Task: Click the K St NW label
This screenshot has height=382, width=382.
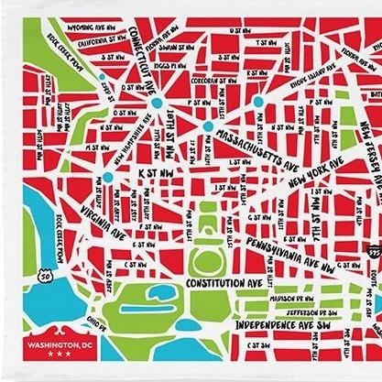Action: click(158, 170)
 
